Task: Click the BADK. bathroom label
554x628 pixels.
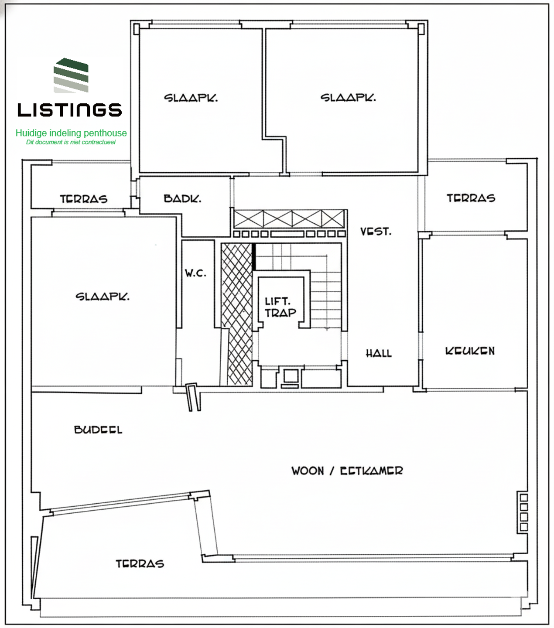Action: tap(182, 198)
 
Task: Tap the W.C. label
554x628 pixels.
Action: tap(195, 273)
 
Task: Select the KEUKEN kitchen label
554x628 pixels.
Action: tap(470, 351)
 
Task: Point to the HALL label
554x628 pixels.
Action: tap(379, 353)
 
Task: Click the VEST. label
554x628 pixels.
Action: tap(376, 232)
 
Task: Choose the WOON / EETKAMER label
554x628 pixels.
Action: tap(347, 471)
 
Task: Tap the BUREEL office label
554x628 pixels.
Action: tap(98, 430)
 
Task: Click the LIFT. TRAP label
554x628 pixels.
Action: tap(280, 307)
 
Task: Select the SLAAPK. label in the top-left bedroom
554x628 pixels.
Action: tap(191, 98)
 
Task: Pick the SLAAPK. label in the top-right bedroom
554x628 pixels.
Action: tap(348, 98)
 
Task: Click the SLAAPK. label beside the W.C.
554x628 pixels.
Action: tap(103, 297)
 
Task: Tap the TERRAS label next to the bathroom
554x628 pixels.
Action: tap(84, 199)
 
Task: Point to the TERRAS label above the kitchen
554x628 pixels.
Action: tap(471, 198)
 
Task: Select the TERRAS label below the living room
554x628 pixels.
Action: tap(140, 563)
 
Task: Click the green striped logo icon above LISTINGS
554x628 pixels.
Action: tap(71, 75)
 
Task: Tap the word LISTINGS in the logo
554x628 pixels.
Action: tap(70, 110)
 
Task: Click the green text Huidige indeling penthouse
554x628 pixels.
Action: tap(71, 133)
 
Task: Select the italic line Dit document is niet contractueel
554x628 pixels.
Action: tap(71, 142)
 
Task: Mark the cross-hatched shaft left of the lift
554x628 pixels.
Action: tap(236, 314)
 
